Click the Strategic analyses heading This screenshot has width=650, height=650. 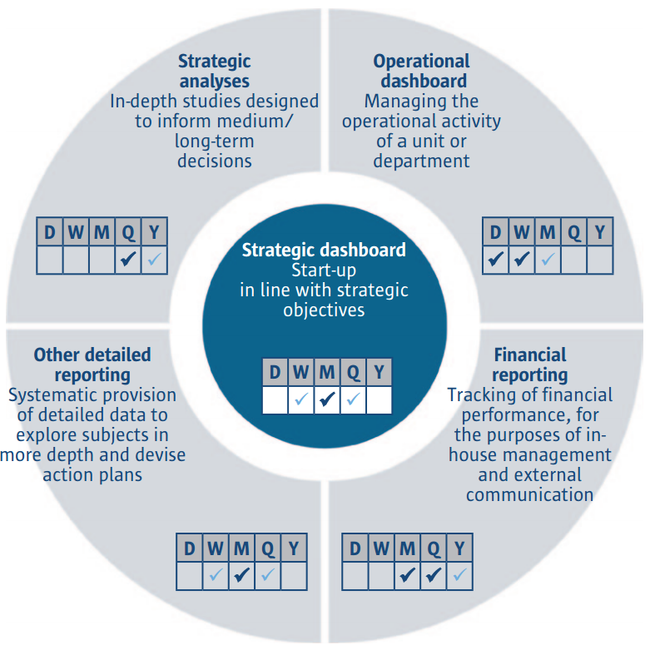point(214,72)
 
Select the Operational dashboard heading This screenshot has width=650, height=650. point(421,72)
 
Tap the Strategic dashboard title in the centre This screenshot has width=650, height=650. point(324,250)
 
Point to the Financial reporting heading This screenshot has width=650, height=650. point(529,365)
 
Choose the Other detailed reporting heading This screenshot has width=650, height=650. point(92,365)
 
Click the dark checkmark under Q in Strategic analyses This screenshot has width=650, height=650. point(127,260)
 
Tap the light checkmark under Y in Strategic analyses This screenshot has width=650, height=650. point(154,260)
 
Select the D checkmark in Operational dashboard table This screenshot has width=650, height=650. point(495,260)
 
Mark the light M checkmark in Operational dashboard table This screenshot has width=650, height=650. point(547,260)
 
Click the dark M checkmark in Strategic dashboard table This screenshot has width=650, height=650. point(327,400)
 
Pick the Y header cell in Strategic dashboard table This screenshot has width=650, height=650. point(379,372)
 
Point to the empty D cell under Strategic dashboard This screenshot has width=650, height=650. point(275,400)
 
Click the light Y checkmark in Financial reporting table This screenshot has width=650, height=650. point(459,575)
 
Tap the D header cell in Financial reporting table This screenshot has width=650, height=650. point(355,548)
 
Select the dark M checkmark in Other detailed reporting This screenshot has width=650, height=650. point(241,575)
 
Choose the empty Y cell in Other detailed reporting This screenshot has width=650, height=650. point(294,575)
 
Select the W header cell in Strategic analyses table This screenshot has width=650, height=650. point(76,232)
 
